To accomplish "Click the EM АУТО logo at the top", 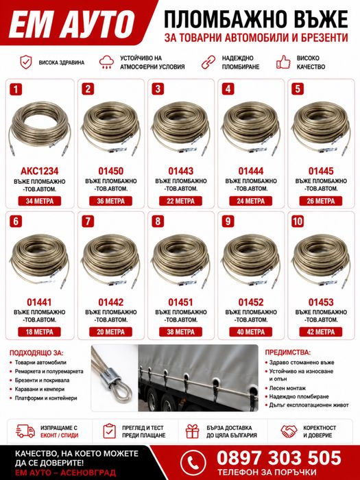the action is pyautogui.click(x=72, y=24).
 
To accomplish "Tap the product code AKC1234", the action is pyautogui.click(x=40, y=171).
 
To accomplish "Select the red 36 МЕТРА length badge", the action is pyautogui.click(x=110, y=201).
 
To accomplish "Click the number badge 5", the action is pyautogui.click(x=298, y=89).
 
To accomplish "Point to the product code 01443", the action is pyautogui.click(x=180, y=171).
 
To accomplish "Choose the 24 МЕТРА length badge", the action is pyautogui.click(x=251, y=201).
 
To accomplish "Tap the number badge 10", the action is pyautogui.click(x=298, y=221).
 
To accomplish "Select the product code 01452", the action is pyautogui.click(x=251, y=302).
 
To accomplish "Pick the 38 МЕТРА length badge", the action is pyautogui.click(x=180, y=332).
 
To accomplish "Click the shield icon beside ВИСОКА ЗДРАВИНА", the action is pyautogui.click(x=26, y=62).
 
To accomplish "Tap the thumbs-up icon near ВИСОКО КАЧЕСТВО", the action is pyautogui.click(x=283, y=62).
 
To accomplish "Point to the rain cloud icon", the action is pyautogui.click(x=106, y=62).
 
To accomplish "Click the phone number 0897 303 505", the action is pyautogui.click(x=278, y=458).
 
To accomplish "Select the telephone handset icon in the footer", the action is pyautogui.click(x=193, y=463).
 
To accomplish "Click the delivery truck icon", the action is pyautogui.click(x=25, y=431).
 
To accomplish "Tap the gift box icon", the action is pyautogui.click(x=192, y=431).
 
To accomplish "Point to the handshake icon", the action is pyautogui.click(x=289, y=431).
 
